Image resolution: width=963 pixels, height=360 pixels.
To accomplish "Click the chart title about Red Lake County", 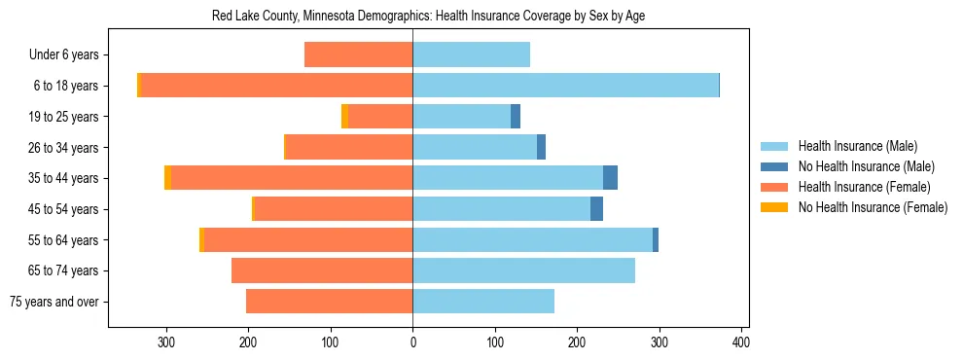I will tap(428, 17).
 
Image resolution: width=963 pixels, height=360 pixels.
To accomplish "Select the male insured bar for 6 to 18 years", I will tap(565, 86).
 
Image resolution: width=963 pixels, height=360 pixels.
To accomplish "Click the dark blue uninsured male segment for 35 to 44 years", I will tap(610, 178).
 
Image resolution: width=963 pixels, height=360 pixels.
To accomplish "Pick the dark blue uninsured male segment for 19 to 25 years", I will tap(516, 117).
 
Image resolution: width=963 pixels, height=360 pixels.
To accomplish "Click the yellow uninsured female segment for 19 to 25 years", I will tap(344, 117).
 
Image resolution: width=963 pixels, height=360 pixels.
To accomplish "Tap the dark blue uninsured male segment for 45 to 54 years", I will tap(596, 209).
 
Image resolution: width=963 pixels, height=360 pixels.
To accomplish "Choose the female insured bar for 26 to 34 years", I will tap(349, 147).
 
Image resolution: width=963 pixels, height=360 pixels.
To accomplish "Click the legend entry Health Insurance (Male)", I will tap(857, 146).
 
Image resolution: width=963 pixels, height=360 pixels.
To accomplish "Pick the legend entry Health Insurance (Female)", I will tap(864, 187).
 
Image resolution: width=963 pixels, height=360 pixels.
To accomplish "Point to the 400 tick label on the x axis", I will tap(741, 342).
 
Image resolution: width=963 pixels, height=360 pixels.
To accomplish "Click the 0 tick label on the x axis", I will tap(412, 342).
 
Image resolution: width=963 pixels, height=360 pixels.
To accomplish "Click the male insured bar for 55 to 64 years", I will tap(532, 239).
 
